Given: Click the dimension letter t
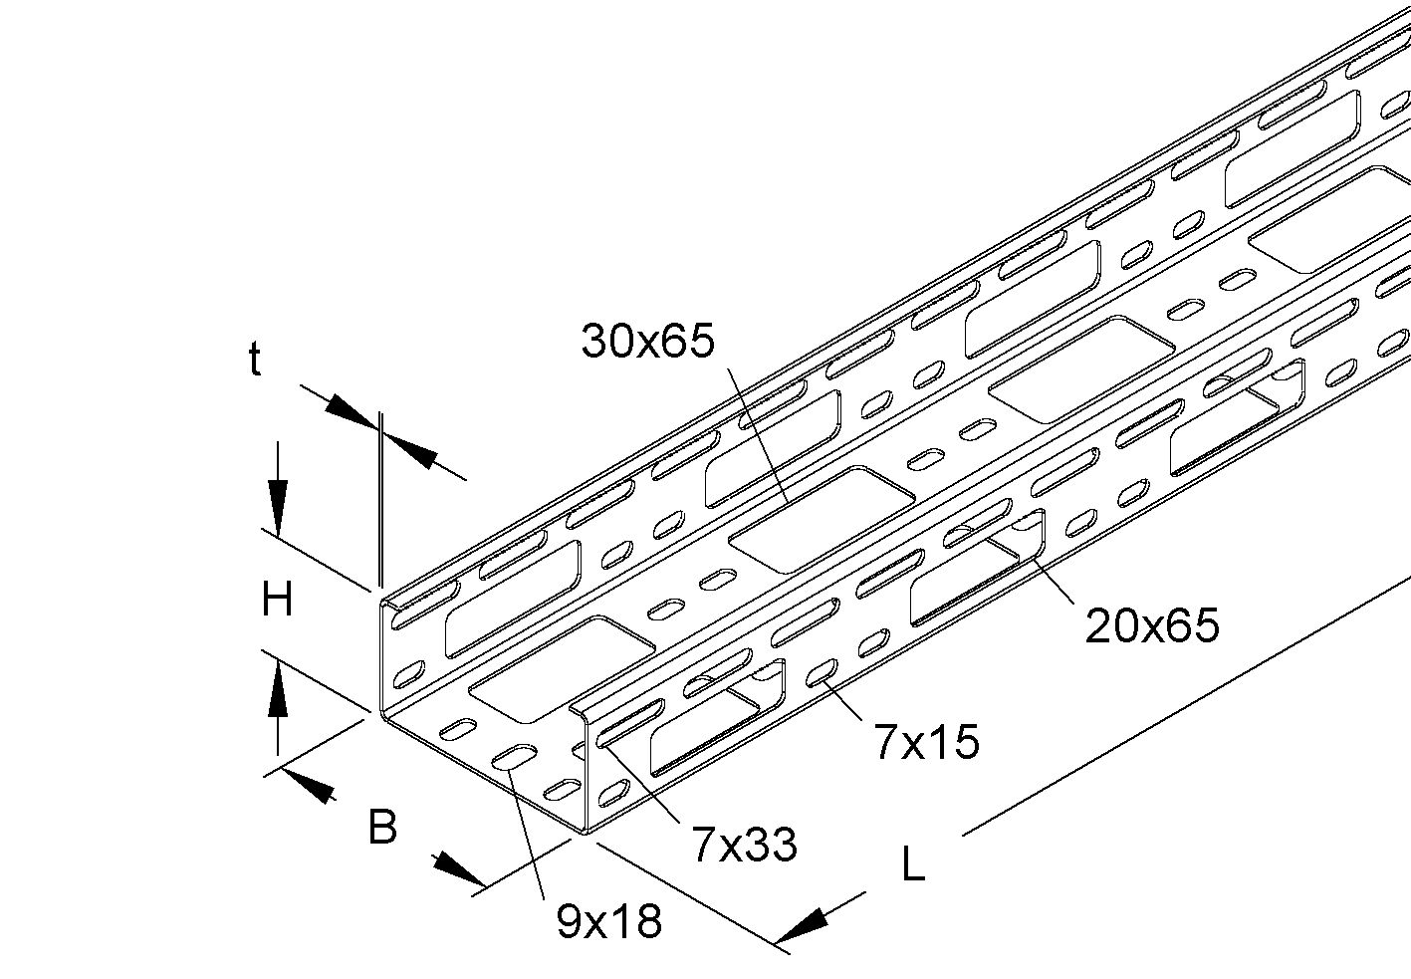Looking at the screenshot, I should (255, 361).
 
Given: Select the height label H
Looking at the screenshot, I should (277, 601).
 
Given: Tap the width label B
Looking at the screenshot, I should (382, 827).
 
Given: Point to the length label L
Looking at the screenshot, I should (912, 864).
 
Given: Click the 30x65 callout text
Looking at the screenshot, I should (648, 342).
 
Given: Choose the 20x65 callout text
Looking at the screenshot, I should (1152, 625).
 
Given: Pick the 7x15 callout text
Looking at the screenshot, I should (926, 742).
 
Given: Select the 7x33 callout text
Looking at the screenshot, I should (744, 846).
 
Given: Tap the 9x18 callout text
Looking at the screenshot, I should (608, 922).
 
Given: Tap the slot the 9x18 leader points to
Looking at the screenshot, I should (514, 757).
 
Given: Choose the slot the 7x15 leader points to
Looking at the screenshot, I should (823, 674).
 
